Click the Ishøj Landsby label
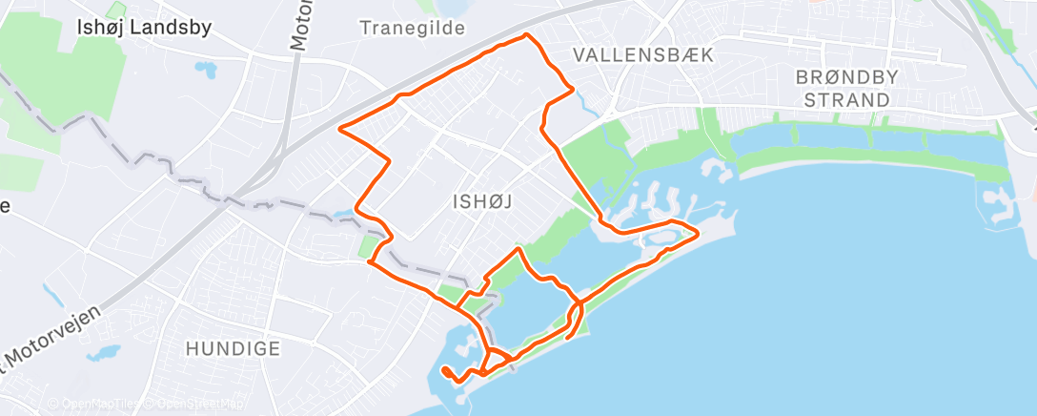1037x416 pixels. [x=143, y=29]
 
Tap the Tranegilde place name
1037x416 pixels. [x=412, y=28]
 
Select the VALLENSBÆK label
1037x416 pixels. [x=643, y=56]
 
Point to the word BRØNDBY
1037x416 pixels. [x=846, y=78]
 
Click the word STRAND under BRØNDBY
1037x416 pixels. [x=847, y=99]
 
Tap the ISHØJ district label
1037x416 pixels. [x=475, y=201]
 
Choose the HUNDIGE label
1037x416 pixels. [x=234, y=349]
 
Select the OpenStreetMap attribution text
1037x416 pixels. [x=195, y=404]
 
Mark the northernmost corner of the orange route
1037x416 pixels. [x=527, y=35]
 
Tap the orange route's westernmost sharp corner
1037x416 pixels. [x=340, y=128]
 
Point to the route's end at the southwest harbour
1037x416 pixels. [x=445, y=369]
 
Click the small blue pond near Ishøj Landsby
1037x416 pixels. [x=204, y=69]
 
